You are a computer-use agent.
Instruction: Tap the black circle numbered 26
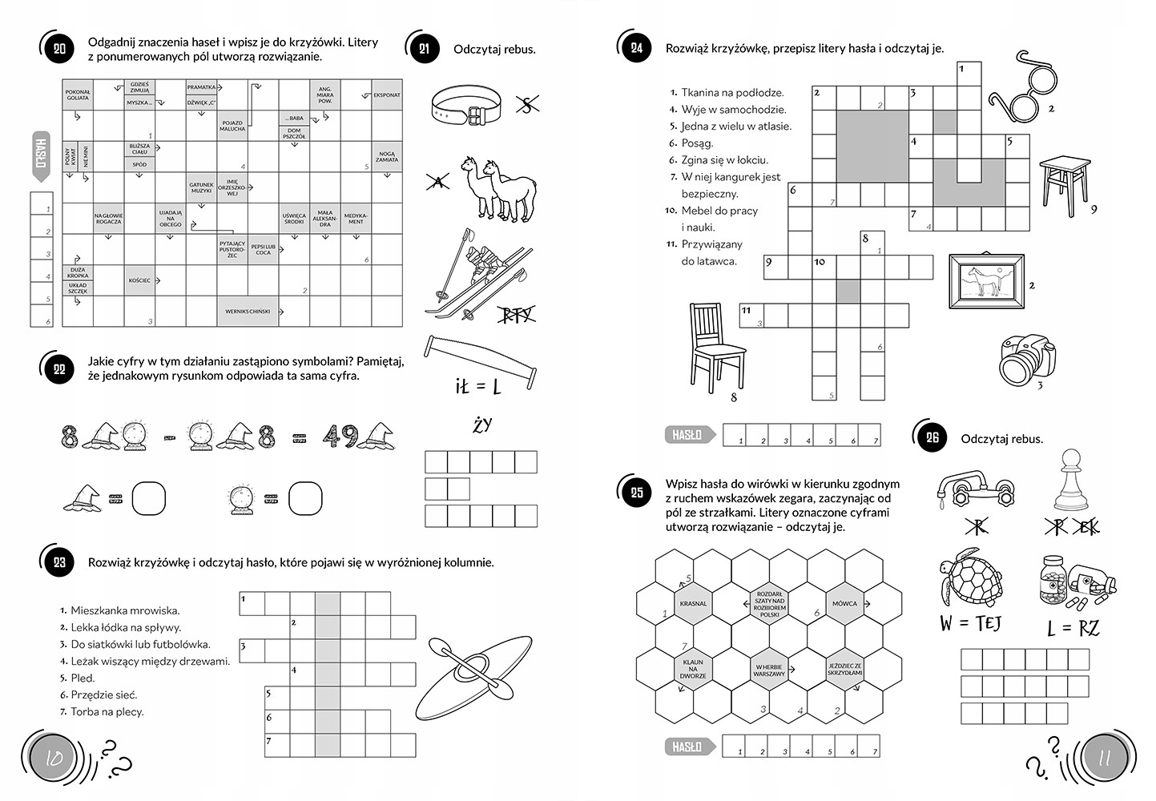click(x=932, y=437)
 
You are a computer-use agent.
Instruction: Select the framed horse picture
click(x=986, y=281)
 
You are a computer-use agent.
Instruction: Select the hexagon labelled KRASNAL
click(x=693, y=603)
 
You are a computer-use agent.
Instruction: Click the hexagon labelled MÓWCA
click(x=844, y=603)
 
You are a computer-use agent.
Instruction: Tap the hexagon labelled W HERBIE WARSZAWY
click(x=768, y=670)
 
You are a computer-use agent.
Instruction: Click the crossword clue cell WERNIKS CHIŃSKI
click(x=248, y=311)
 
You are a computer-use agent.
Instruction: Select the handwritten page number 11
click(x=1105, y=759)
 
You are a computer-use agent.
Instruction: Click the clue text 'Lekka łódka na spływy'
click(x=126, y=627)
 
